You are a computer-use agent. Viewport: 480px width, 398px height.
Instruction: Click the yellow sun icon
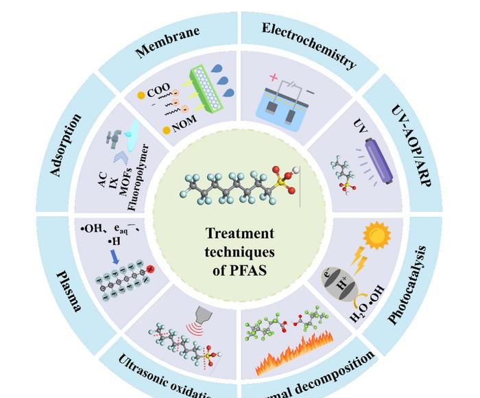tap(376, 235)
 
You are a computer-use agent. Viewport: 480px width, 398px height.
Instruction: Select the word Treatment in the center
tap(239, 233)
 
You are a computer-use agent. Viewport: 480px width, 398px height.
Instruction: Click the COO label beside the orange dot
tap(158, 88)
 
